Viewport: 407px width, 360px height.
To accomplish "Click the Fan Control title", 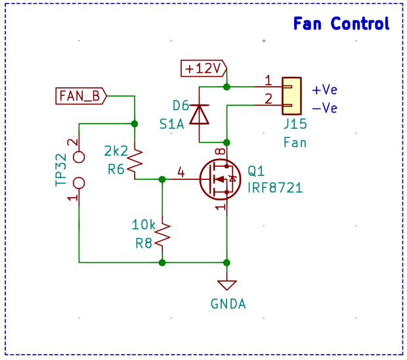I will click(341, 24).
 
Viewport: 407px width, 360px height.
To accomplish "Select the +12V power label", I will click(203, 68).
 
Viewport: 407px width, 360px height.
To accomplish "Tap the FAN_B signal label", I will click(81, 96).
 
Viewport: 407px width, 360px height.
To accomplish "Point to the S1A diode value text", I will click(171, 124).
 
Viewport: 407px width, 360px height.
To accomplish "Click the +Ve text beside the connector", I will click(324, 90).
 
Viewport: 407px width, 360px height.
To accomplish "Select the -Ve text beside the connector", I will click(324, 108).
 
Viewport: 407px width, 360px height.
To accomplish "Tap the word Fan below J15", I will click(295, 141).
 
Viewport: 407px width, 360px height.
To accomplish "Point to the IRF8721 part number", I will click(275, 188).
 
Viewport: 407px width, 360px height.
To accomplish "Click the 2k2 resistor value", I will click(116, 151).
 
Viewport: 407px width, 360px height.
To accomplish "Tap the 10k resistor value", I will click(144, 225).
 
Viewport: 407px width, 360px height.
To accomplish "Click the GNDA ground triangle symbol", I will click(227, 285).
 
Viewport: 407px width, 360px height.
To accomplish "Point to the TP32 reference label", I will click(61, 170).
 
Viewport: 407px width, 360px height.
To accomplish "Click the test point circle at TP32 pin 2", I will click(79, 156).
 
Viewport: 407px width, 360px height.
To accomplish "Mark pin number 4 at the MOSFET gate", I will click(181, 173).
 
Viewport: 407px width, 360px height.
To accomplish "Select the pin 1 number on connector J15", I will click(268, 81).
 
